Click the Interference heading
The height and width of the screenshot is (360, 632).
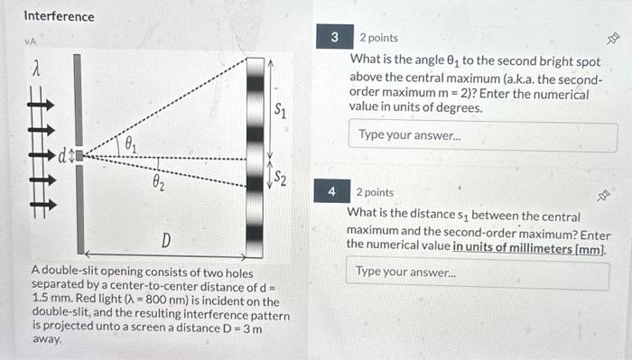[x=59, y=16]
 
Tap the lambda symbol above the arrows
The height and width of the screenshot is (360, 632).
[x=36, y=68]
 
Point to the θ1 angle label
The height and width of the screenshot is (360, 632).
[x=132, y=143]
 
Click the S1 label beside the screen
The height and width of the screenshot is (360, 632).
[x=282, y=112]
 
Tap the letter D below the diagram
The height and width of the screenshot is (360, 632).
[x=166, y=240]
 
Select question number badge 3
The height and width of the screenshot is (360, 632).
[x=334, y=38]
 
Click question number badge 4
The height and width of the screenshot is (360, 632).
[x=332, y=192]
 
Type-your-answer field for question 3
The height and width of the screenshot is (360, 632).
[x=483, y=135]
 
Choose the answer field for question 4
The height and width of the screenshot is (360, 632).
[x=478, y=272]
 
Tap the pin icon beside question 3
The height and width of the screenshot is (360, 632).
[x=611, y=39]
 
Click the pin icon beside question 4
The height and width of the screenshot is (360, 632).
[x=609, y=193]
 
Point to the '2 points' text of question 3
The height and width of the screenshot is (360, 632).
[x=378, y=39]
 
